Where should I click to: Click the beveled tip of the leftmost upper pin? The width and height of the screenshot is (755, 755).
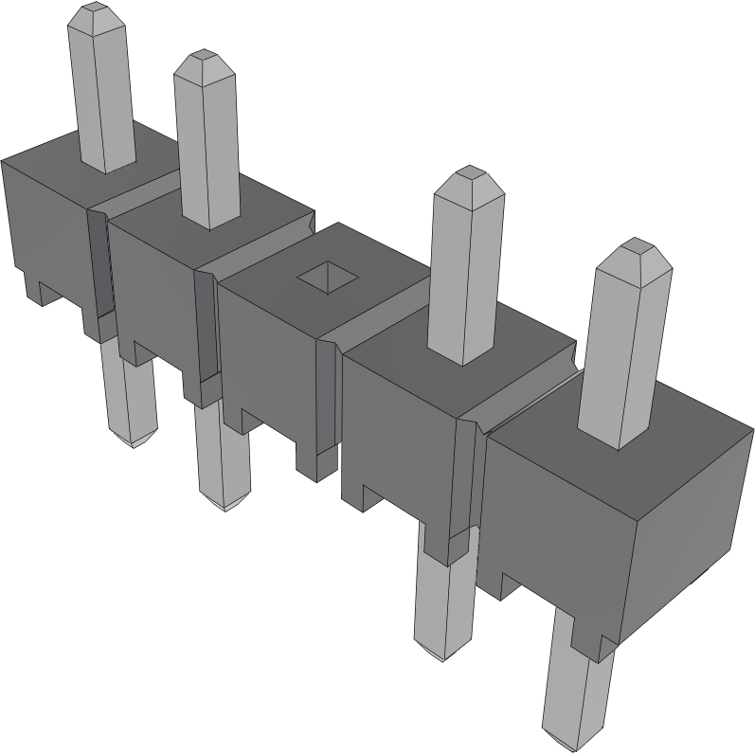tap(97, 16)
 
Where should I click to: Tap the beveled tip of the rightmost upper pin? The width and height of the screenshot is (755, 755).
tap(633, 255)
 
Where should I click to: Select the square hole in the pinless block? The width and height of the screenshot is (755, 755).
tap(328, 277)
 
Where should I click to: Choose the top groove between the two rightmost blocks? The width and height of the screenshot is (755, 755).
tap(526, 403)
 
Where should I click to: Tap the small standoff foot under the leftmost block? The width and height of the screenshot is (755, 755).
tap(38, 289)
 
